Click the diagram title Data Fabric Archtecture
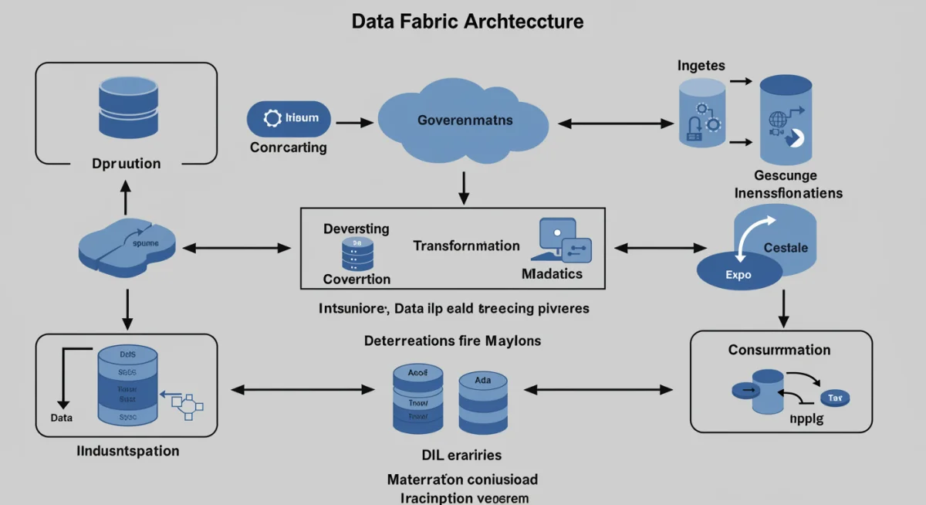[468, 21]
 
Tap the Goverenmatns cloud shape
[464, 121]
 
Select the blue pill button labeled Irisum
[288, 119]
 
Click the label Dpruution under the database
[126, 164]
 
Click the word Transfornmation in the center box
[466, 246]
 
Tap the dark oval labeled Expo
[738, 274]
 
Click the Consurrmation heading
[779, 350]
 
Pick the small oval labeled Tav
[834, 398]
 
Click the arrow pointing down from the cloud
[464, 188]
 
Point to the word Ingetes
[701, 66]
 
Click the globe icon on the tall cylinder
[777, 120]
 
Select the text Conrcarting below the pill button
[289, 147]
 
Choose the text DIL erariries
[461, 456]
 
